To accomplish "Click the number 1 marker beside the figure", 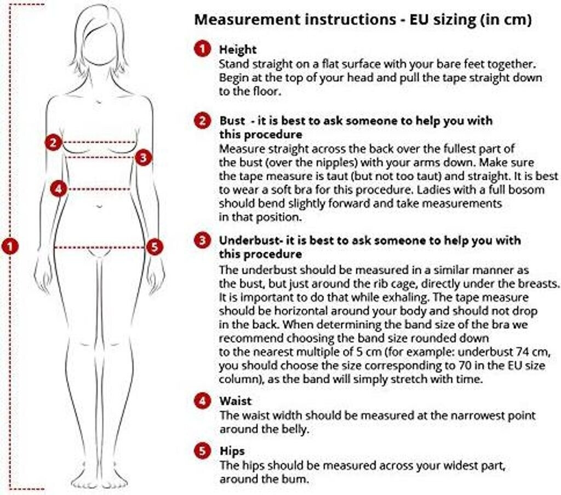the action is click(10, 246).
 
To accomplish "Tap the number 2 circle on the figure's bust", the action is click(53, 143).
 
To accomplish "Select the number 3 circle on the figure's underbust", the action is click(143, 157).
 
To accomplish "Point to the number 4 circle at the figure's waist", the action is click(59, 189).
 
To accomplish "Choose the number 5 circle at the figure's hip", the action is click(154, 247).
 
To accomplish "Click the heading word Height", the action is click(238, 49).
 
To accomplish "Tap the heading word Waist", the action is click(236, 401).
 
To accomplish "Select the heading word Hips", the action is click(232, 451).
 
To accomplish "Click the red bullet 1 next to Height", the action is click(203, 49).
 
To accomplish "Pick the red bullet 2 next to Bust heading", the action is click(203, 121).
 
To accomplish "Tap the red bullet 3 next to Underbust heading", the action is click(203, 240).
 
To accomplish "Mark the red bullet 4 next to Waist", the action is click(203, 401).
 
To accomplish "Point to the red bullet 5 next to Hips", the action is click(203, 451).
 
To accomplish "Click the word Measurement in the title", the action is click(247, 19).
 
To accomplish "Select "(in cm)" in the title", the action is click(505, 20).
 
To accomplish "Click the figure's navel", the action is click(99, 206).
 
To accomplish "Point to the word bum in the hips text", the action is click(295, 479).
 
